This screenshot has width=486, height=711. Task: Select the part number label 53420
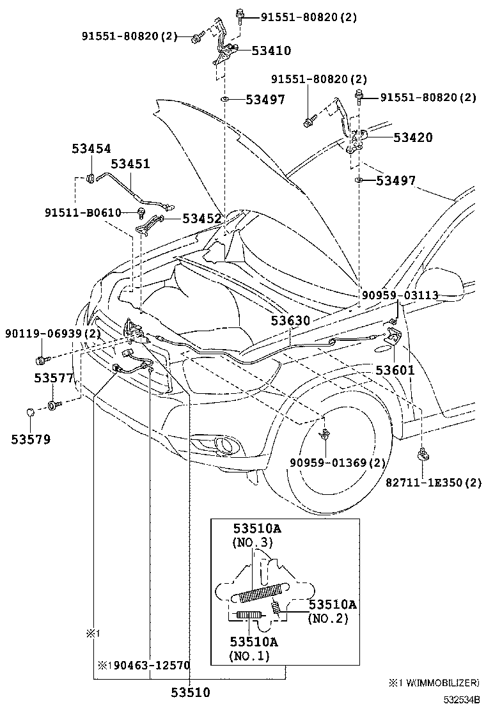(412, 137)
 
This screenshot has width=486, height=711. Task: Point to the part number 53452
(202, 218)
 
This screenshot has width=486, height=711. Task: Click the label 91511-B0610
(83, 212)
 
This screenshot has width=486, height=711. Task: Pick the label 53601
(395, 370)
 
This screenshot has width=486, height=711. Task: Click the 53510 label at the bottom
(190, 692)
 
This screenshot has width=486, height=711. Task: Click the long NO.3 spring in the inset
(262, 593)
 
